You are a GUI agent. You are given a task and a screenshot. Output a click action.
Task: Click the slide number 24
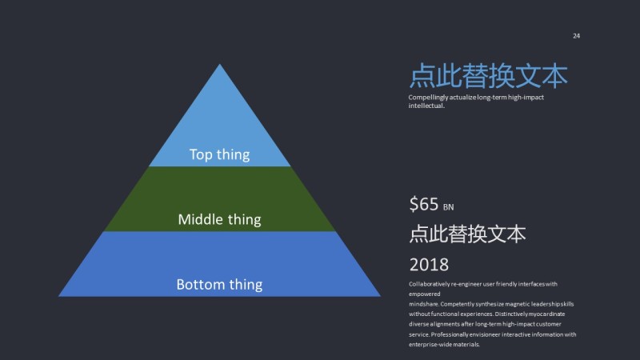pos(576,36)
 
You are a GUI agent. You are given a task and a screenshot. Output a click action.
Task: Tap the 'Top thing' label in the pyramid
pos(219,154)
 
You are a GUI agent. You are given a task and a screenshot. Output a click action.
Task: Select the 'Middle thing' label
pos(219,218)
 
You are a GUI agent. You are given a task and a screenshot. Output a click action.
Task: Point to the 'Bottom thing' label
pos(219,284)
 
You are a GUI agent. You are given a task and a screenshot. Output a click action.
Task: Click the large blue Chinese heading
pos(488,76)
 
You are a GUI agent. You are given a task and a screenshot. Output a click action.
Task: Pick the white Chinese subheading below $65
pos(467,234)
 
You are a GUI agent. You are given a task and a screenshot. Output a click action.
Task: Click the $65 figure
pos(424,204)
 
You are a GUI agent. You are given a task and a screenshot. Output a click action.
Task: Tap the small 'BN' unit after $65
pos(448,207)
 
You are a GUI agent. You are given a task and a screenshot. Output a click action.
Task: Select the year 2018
pos(429,264)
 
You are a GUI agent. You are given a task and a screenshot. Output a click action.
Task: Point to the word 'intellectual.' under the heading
pos(426,106)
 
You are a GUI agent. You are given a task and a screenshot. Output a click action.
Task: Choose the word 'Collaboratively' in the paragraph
pos(432,284)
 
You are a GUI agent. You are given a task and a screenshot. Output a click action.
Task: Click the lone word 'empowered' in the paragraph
pos(425,294)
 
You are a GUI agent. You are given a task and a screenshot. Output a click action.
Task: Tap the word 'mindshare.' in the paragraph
pos(424,304)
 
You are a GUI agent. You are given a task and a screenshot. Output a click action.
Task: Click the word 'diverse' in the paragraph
pos(419,324)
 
